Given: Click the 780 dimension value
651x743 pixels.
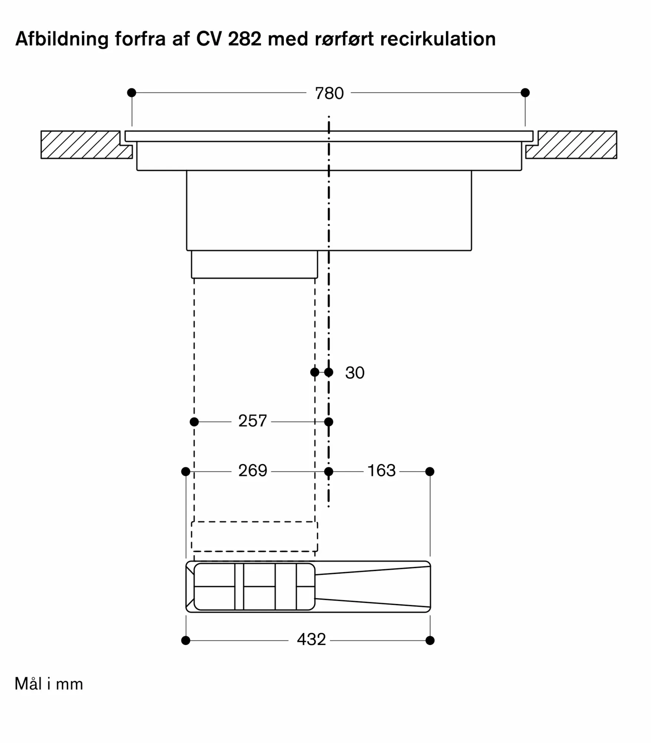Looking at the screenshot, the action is click(x=329, y=93).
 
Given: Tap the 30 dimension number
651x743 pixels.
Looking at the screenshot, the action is click(x=355, y=373).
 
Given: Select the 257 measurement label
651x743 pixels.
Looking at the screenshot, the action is click(x=253, y=421).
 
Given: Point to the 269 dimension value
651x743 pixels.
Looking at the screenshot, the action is click(x=253, y=471).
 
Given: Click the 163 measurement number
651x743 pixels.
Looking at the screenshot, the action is click(x=381, y=471).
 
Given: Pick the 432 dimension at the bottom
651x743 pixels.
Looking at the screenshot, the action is click(x=311, y=639).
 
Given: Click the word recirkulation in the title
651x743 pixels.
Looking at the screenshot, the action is click(x=438, y=39).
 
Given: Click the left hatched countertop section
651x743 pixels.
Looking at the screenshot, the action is click(x=82, y=145).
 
